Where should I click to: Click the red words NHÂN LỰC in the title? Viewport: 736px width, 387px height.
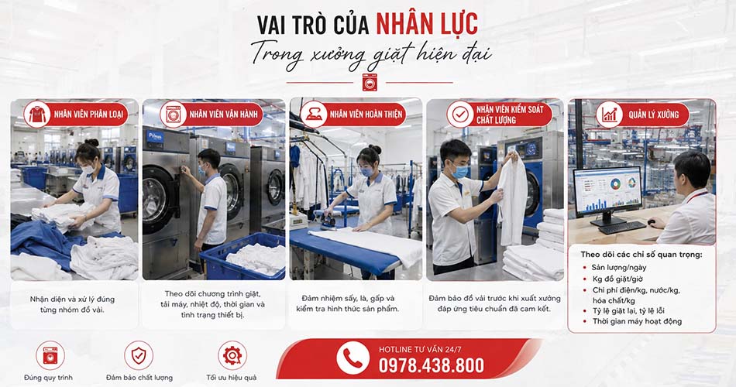(x=427, y=24)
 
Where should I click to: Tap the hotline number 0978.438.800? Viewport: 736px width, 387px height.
(x=432, y=365)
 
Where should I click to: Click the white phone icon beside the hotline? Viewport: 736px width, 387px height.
(x=353, y=358)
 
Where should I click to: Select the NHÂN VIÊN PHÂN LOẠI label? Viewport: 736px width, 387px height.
(x=88, y=114)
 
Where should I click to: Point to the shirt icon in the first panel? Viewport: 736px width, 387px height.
(x=37, y=115)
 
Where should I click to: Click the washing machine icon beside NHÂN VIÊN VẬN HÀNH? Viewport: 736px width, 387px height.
(x=174, y=114)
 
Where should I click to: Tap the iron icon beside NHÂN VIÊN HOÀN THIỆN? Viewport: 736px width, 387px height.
(x=314, y=115)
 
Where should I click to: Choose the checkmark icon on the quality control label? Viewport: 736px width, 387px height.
(x=460, y=114)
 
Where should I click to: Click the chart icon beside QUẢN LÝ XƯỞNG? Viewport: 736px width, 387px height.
(x=609, y=115)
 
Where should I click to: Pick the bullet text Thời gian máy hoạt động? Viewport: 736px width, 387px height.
(x=637, y=321)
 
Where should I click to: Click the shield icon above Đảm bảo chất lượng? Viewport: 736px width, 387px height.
(x=139, y=355)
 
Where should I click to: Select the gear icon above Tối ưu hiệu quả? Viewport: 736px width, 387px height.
(x=232, y=355)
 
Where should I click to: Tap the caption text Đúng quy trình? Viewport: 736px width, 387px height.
(x=48, y=378)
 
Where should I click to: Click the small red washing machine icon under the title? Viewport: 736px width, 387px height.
(x=370, y=82)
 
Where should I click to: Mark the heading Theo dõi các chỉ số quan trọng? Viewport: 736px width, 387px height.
(x=641, y=255)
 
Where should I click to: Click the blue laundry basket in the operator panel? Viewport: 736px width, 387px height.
(x=242, y=256)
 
